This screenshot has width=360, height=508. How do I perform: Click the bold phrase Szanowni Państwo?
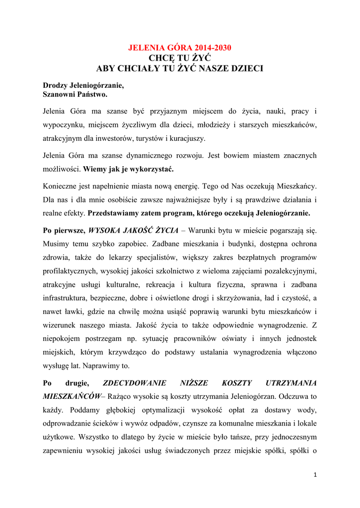[x=75, y=94]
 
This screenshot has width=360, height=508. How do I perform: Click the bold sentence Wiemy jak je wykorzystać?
[x=129, y=169]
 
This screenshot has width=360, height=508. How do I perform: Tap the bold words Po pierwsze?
[x=64, y=231]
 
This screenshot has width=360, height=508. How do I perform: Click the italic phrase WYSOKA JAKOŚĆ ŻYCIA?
[x=131, y=231]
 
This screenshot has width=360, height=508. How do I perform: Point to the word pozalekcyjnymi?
[x=288, y=271]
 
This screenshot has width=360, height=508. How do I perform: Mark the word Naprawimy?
[x=101, y=365]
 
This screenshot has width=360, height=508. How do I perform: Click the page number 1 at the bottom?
[x=315, y=474]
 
